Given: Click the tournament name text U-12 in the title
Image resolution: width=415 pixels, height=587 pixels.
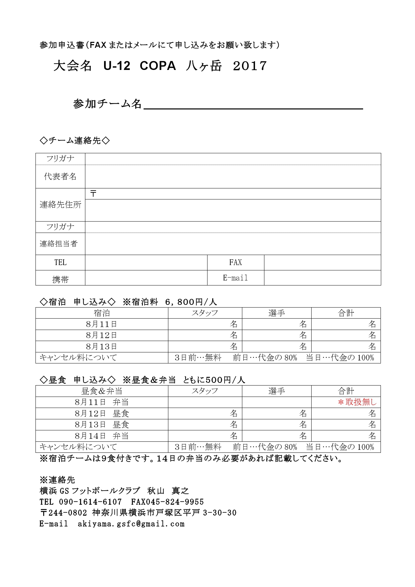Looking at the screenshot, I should tap(117, 66).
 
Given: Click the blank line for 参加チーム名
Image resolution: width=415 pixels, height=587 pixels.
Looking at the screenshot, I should tap(253, 104).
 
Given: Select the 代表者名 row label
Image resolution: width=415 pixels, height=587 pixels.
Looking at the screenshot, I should tap(60, 176).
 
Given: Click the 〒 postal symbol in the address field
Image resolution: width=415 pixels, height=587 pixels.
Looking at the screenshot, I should tap(93, 193).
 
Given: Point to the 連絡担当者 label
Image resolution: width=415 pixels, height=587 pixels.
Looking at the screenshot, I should tap(59, 244).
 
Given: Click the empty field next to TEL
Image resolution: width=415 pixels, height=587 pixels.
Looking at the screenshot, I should tap(146, 262).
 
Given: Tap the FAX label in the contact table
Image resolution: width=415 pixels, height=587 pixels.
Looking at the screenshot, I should tap(235, 262).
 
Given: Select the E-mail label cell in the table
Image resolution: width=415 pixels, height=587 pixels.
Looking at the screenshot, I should tap(235, 278).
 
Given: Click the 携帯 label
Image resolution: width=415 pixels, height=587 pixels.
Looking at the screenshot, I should tap(60, 279).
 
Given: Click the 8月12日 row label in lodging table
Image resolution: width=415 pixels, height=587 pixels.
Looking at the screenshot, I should tap(101, 335).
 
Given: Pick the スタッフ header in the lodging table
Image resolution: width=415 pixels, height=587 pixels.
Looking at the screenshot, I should tap(205, 313).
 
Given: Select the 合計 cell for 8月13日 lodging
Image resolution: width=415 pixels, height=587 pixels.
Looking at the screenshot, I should tap(346, 346).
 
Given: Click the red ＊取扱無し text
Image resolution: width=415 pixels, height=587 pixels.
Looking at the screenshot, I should tap(357, 402).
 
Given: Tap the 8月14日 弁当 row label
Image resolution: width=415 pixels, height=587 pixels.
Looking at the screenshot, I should tap(101, 436).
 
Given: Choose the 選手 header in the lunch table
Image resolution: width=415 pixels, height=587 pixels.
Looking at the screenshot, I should tap(276, 391).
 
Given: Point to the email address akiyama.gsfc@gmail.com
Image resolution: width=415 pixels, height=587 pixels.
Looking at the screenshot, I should tap(131, 524).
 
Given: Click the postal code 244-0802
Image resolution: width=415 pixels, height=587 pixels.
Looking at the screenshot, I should tap(68, 513).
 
